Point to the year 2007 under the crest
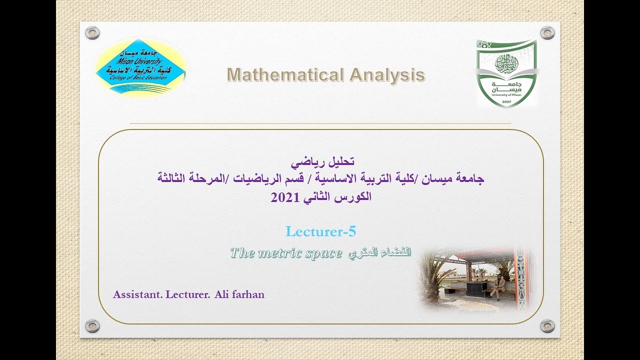pos(506,101)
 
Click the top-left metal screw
pos(92,33)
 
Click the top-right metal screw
pos(547,33)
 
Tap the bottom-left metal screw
pos(92,326)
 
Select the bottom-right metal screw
pos(547,326)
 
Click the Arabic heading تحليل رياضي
pos(322,161)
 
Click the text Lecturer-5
pos(320,231)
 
